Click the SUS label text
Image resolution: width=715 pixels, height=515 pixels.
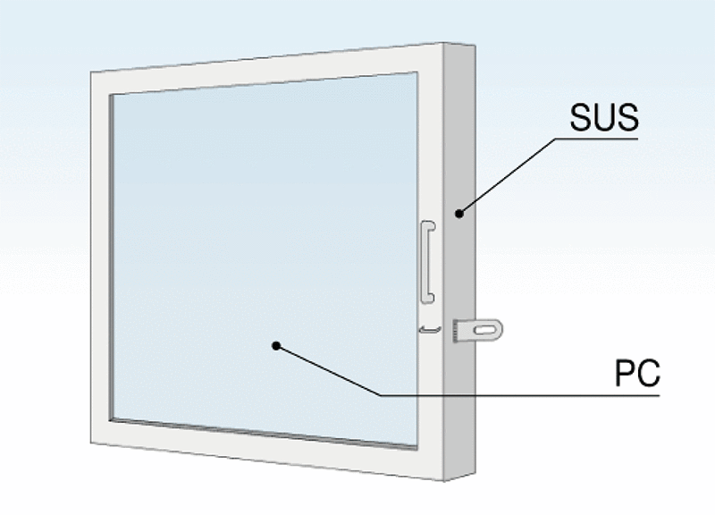(603, 116)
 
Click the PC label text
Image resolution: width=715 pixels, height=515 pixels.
(637, 374)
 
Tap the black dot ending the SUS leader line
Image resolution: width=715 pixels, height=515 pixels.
(458, 213)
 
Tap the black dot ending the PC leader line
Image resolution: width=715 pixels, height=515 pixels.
(277, 345)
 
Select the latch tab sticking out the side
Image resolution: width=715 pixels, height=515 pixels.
(480, 331)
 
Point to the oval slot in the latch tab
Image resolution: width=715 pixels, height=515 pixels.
(486, 331)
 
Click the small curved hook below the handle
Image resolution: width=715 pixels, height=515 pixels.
(430, 329)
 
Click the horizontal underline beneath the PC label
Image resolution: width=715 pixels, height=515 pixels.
(518, 394)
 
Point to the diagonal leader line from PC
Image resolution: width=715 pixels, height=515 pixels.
(331, 370)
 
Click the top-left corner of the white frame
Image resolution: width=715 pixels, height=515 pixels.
(93, 73)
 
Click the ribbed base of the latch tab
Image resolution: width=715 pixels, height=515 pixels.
(459, 331)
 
